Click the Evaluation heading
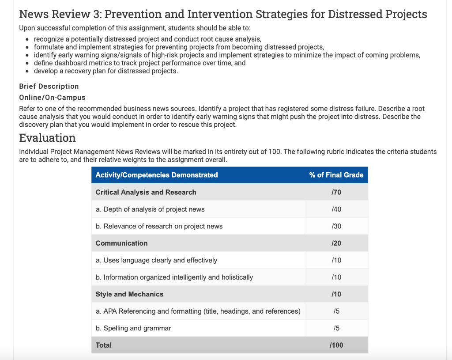pyautogui.click(x=47, y=138)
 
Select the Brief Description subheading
pyautogui.click(x=49, y=86)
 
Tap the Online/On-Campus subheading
pyautogui.click(x=52, y=97)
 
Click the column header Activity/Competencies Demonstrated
pyautogui.click(x=157, y=175)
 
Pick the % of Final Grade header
pyautogui.click(x=336, y=175)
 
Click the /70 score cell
pyautogui.click(x=336, y=192)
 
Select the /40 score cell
pyautogui.click(x=336, y=209)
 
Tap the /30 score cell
pyautogui.click(x=336, y=226)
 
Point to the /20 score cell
pyautogui.click(x=336, y=243)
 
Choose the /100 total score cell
pyautogui.click(x=336, y=345)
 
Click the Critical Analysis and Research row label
pyautogui.click(x=146, y=192)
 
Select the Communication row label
pyautogui.click(x=121, y=243)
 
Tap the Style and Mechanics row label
pyautogui.click(x=129, y=294)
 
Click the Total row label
pyautogui.click(x=104, y=345)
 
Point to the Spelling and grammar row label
pyautogui.click(x=133, y=328)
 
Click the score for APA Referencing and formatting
pyautogui.click(x=336, y=311)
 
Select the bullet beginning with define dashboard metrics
pyautogui.click(x=139, y=63)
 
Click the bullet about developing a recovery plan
pyautogui.click(x=106, y=71)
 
